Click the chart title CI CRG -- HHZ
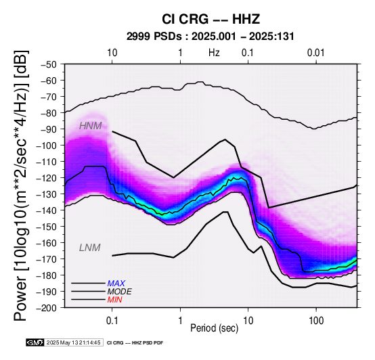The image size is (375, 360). (211, 19)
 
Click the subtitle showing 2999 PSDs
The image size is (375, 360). (211, 37)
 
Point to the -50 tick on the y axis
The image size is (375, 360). (49, 64)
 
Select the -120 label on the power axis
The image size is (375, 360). (47, 178)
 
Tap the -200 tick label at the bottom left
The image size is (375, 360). (47, 308)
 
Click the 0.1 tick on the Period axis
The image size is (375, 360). (112, 321)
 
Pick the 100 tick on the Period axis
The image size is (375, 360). (316, 321)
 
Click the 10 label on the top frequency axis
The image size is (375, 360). (112, 53)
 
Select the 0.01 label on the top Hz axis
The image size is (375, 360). (316, 53)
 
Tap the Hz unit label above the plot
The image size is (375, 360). (214, 53)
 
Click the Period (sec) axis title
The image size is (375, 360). (215, 328)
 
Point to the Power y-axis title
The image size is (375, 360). (21, 185)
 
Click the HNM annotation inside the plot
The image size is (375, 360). (91, 126)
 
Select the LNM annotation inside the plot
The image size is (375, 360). (89, 248)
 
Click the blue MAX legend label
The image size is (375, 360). (116, 284)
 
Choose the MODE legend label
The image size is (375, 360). (120, 292)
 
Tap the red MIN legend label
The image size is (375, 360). (115, 300)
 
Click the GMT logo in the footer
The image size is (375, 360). (35, 342)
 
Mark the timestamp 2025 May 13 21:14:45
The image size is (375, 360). (74, 342)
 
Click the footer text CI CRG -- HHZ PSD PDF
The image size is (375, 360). (135, 343)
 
